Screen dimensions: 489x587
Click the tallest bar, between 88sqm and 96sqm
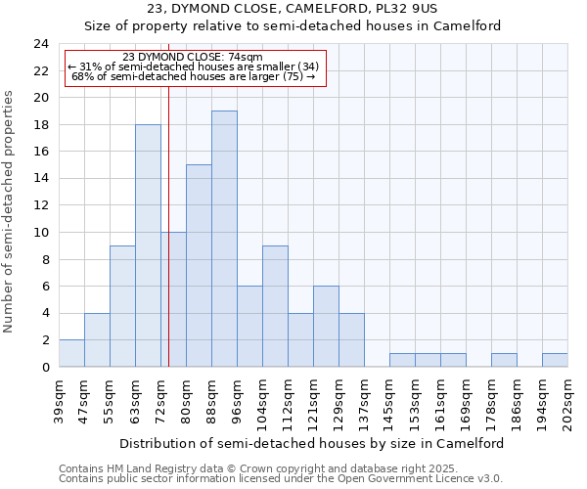click(224, 239)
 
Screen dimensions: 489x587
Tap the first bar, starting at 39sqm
click(71, 353)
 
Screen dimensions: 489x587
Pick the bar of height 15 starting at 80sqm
click(199, 266)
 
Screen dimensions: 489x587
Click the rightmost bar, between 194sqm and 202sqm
click(555, 360)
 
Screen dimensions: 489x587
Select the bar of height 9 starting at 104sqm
click(275, 306)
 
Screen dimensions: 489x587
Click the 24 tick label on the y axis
click(40, 44)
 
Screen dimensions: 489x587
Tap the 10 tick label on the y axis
click(40, 233)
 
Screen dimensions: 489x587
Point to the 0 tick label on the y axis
click(44, 368)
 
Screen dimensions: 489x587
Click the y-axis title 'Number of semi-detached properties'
click(10, 211)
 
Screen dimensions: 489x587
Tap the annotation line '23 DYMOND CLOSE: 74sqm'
click(193, 58)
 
